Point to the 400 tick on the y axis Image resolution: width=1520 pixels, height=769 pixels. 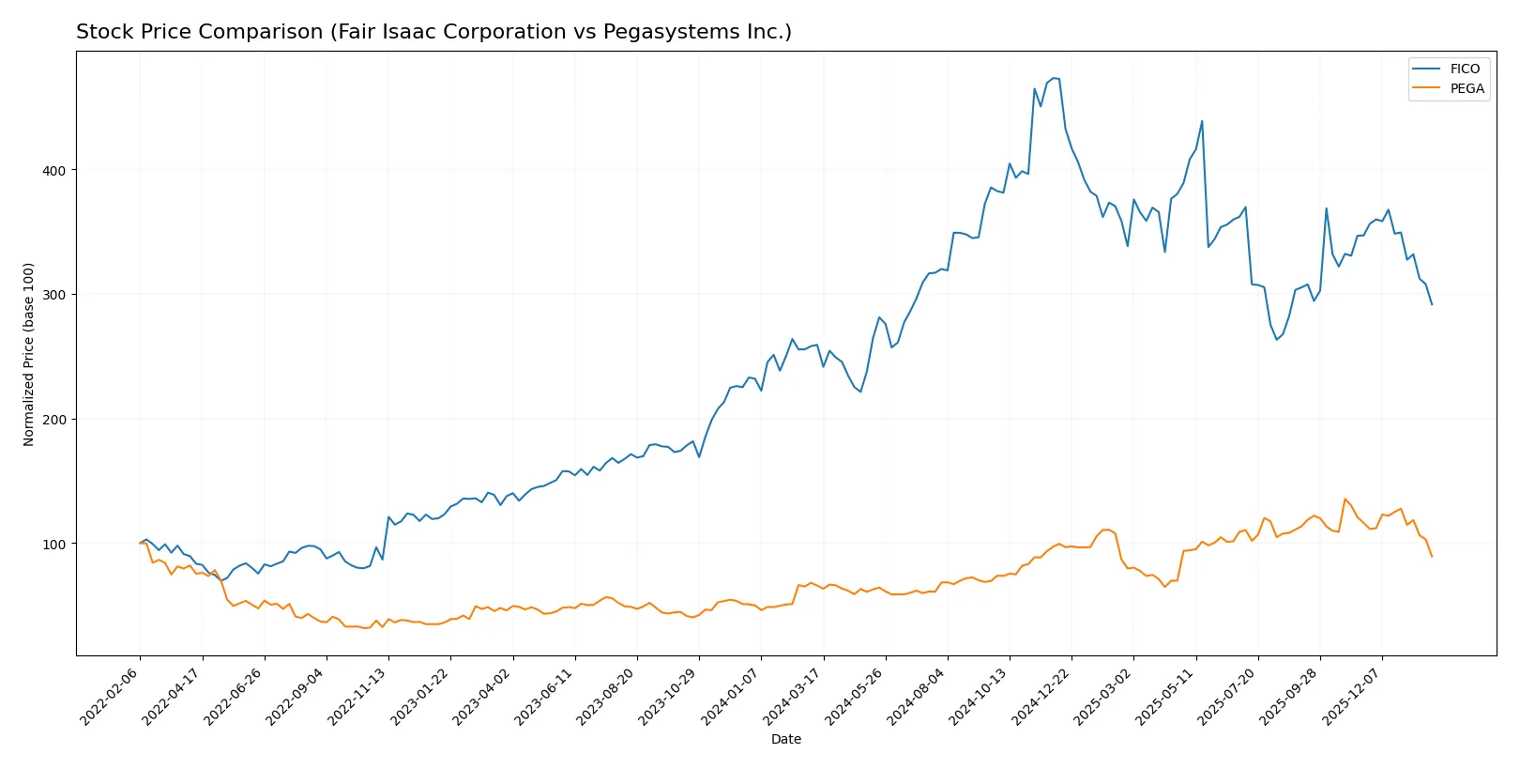click(x=53, y=170)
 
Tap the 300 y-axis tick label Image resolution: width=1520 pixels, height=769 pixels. click(x=53, y=295)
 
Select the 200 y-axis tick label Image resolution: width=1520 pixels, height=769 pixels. click(x=53, y=420)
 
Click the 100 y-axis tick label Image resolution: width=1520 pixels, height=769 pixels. click(x=53, y=545)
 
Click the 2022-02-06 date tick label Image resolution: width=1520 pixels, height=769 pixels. click(x=111, y=697)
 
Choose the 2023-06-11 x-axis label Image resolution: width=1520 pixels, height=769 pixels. click(x=545, y=697)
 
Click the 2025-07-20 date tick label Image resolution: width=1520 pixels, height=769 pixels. click(x=1228, y=697)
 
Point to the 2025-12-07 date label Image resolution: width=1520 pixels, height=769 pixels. click(x=1353, y=697)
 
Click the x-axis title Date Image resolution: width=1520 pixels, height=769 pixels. click(x=785, y=740)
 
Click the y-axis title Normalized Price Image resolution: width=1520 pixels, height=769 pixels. click(x=29, y=354)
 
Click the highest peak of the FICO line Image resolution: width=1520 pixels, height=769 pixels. click(x=1054, y=78)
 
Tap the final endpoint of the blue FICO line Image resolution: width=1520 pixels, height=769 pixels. click(x=1432, y=304)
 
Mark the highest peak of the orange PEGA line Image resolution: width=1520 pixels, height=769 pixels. click(x=1345, y=499)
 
